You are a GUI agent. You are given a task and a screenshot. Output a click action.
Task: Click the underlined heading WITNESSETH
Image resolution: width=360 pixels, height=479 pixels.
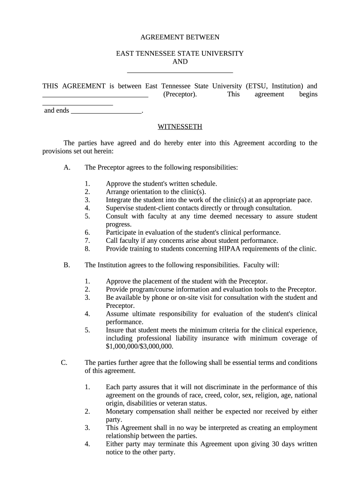(180, 127)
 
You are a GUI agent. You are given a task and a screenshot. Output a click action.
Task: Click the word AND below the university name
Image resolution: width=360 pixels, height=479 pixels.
(180, 62)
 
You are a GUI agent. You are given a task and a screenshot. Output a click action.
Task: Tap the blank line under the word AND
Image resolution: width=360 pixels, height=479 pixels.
(180, 72)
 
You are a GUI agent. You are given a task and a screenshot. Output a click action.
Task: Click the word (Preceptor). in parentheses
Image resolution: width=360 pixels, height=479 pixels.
(180, 94)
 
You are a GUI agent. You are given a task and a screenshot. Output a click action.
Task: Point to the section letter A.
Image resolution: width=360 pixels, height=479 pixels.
(67, 167)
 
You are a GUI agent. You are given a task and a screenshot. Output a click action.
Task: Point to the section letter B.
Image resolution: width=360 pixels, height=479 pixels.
(67, 265)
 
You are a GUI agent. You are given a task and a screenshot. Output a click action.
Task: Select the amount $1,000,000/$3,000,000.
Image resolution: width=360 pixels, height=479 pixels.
(139, 347)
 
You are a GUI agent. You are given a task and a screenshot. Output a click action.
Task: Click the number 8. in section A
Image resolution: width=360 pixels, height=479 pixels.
(87, 248)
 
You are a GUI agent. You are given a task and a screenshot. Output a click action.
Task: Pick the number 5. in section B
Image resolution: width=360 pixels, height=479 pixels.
(87, 330)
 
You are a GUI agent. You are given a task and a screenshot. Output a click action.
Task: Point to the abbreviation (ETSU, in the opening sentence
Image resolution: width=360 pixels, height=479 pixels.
(257, 86)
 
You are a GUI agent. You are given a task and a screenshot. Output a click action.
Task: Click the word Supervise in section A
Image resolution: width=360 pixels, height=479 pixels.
(120, 208)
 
